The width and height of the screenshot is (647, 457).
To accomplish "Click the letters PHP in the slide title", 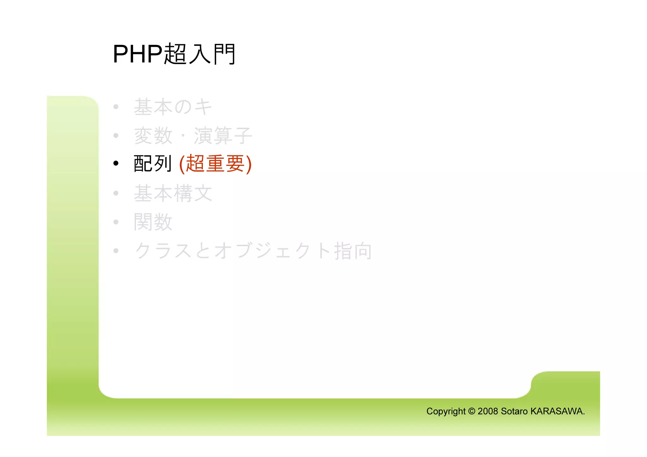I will click(137, 54).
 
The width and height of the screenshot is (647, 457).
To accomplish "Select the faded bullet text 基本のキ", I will click(173, 107).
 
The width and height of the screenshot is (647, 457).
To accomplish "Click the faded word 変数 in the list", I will click(153, 135).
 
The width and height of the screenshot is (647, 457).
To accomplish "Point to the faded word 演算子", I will click(223, 135).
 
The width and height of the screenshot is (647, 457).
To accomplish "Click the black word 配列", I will click(153, 164).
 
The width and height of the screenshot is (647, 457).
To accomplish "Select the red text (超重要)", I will click(215, 164).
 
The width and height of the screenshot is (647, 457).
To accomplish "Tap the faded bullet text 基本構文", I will click(173, 193).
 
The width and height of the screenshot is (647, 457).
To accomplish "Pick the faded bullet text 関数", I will click(153, 222).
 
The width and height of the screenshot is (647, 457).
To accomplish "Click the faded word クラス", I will click(163, 251).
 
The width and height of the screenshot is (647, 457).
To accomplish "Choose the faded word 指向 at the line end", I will click(353, 251).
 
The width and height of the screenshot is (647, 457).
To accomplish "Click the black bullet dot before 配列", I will click(116, 163).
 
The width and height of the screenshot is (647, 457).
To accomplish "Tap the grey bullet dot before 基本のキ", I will click(116, 107).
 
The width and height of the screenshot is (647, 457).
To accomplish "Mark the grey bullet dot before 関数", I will click(116, 222).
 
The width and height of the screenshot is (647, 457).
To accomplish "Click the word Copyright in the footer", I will click(446, 411).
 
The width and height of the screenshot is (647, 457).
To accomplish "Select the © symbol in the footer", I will click(472, 411).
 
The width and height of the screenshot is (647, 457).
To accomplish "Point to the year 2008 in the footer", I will click(488, 411).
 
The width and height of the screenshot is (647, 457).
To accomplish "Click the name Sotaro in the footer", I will click(514, 411).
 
